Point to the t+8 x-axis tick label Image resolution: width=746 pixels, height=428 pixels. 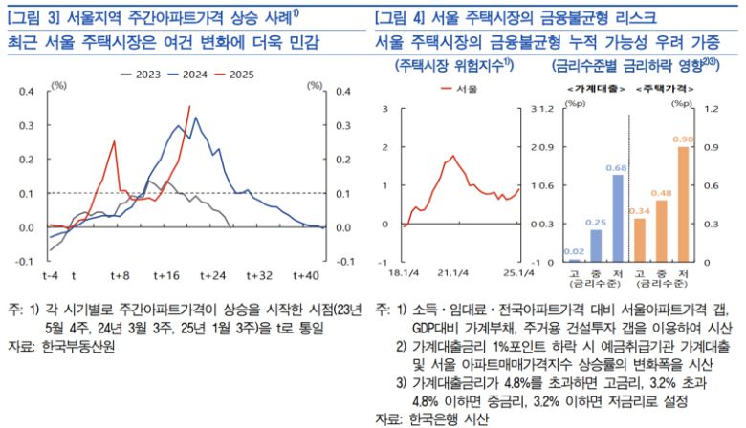click(x=120, y=275)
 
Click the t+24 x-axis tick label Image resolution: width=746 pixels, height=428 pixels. click(x=211, y=275)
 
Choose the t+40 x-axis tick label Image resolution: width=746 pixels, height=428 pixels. click(x=305, y=275)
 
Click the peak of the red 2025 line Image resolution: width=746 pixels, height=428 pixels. click(x=189, y=107)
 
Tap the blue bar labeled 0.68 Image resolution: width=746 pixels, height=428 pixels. click(x=618, y=218)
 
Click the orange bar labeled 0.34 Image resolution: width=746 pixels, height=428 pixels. click(x=639, y=240)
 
